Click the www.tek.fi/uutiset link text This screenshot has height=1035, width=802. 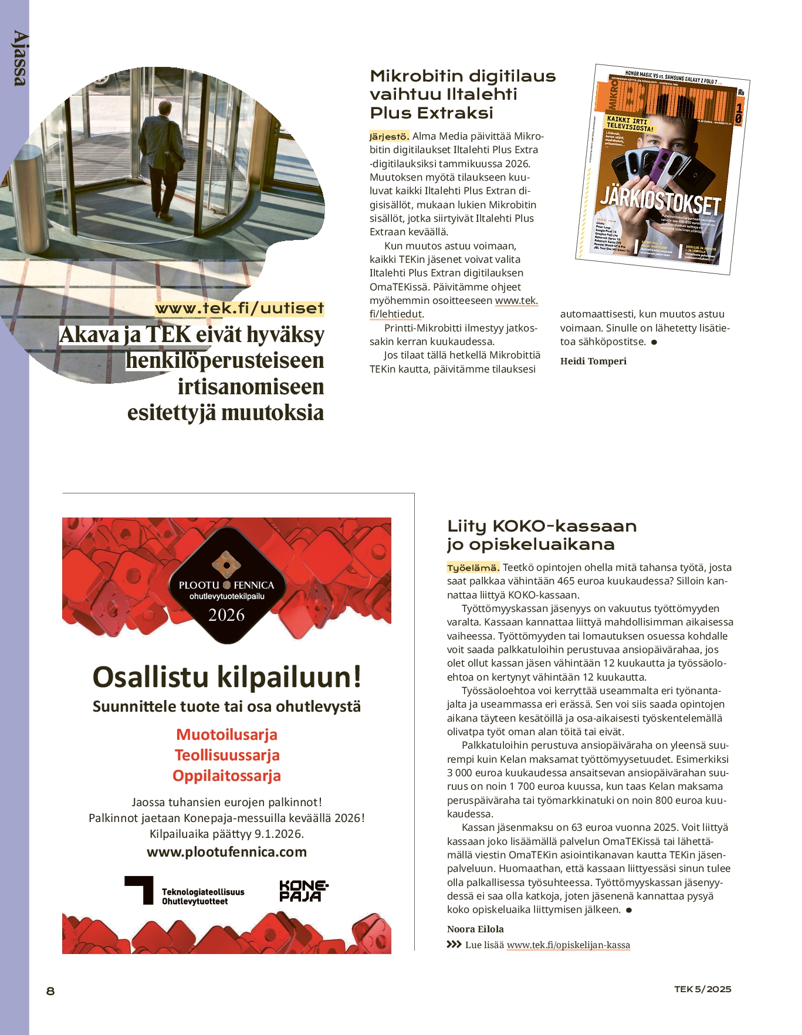pos(239,309)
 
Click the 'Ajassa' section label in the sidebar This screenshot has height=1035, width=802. pos(19,59)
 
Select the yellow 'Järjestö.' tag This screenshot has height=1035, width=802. pos(389,137)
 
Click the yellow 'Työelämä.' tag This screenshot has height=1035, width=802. pos(473,568)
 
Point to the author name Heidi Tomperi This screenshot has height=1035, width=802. pos(593,361)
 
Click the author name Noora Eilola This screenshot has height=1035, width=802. pos(475,929)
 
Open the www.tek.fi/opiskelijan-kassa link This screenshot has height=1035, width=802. pos(568,945)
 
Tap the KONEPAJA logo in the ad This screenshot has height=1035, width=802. pos(303,891)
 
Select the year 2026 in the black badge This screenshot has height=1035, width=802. pos(226,615)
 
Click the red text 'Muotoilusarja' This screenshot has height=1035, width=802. pos(226,735)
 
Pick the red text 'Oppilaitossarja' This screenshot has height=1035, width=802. pos(226,776)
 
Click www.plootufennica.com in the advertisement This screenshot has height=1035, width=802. pos(226,852)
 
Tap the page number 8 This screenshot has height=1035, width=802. pos(50,991)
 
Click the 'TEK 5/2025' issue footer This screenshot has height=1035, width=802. pos(702,989)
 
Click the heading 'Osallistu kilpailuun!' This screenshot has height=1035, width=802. pos(226,677)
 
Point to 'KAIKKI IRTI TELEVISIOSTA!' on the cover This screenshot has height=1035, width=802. pos(630,124)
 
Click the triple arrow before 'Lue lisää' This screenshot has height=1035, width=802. pos(454,945)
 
